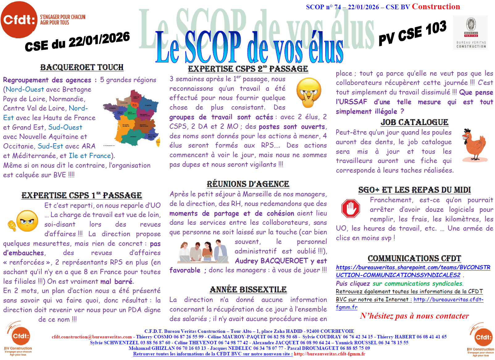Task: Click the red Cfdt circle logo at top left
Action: [19, 20]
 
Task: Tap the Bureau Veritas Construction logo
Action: [471, 32]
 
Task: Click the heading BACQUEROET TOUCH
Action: [82, 67]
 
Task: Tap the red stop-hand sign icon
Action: [351, 208]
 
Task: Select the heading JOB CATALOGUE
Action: [414, 122]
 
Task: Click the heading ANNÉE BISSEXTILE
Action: [248, 290]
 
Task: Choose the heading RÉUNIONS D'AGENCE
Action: [248, 184]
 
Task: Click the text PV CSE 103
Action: [412, 33]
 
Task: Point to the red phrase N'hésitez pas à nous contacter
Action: [414, 316]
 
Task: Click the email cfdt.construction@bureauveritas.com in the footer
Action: [92, 337]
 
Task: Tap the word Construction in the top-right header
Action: [436, 6]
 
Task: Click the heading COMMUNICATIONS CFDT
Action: [414, 258]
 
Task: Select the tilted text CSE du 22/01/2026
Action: [77, 41]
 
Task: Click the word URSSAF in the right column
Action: [351, 102]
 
